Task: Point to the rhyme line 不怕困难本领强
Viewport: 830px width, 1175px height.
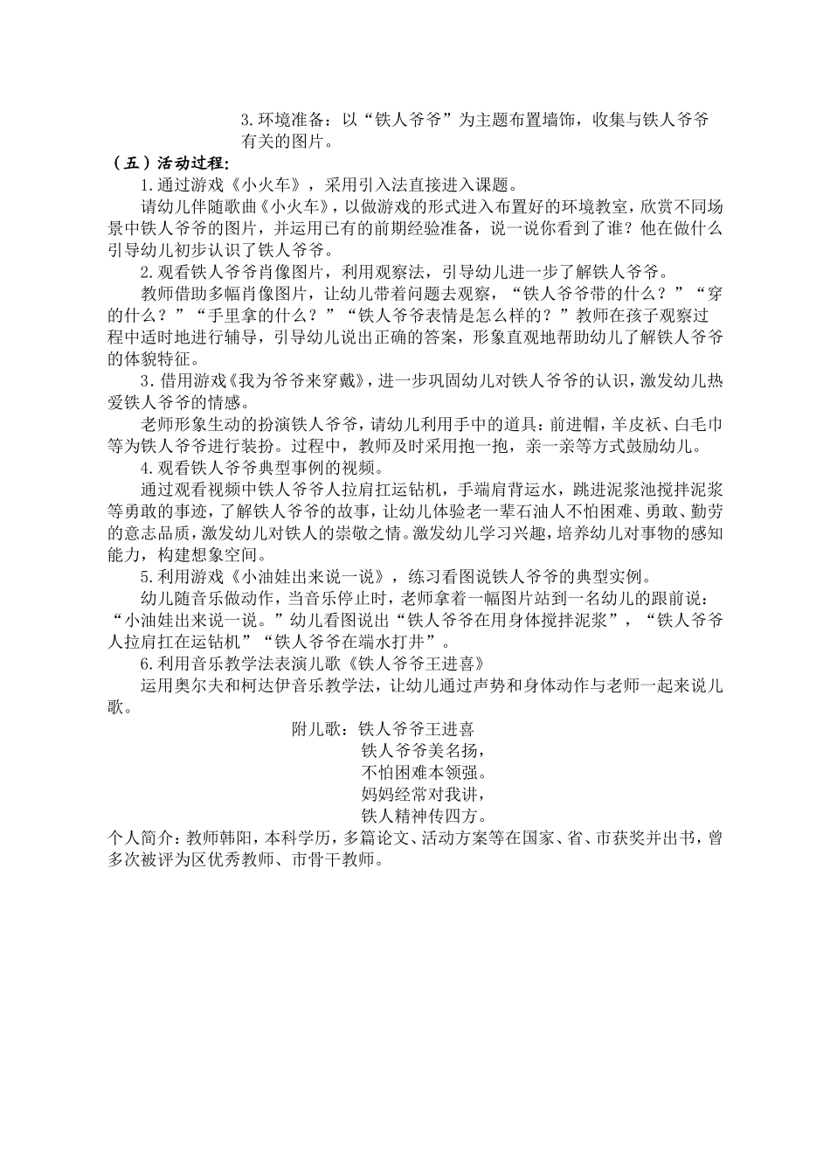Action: (423, 772)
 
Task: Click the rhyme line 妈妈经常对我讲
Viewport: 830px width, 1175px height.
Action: (423, 794)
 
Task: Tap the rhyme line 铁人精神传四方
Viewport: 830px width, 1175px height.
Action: (423, 816)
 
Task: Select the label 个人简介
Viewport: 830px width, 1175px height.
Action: (140, 838)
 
